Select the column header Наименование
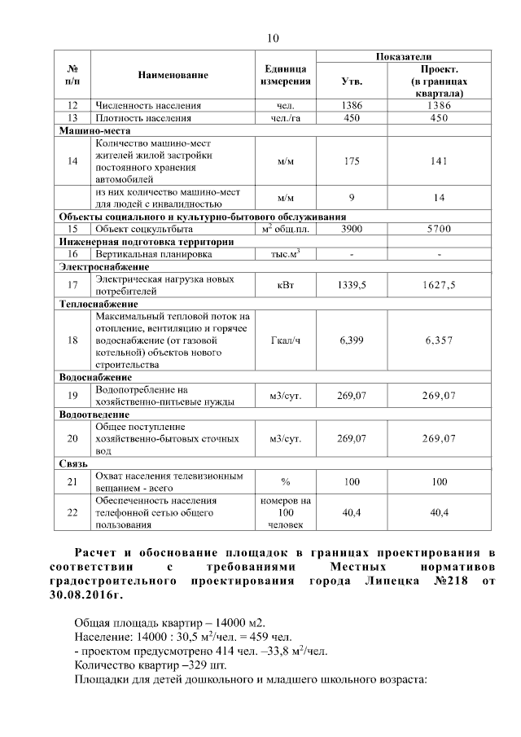(x=173, y=75)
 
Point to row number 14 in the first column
(x=72, y=161)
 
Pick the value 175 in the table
(x=352, y=161)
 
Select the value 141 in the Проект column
(x=440, y=161)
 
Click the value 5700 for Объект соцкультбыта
(x=440, y=230)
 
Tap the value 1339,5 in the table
(x=352, y=285)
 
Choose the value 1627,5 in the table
(x=440, y=285)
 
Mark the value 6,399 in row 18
(x=352, y=340)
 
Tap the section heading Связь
(x=72, y=463)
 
